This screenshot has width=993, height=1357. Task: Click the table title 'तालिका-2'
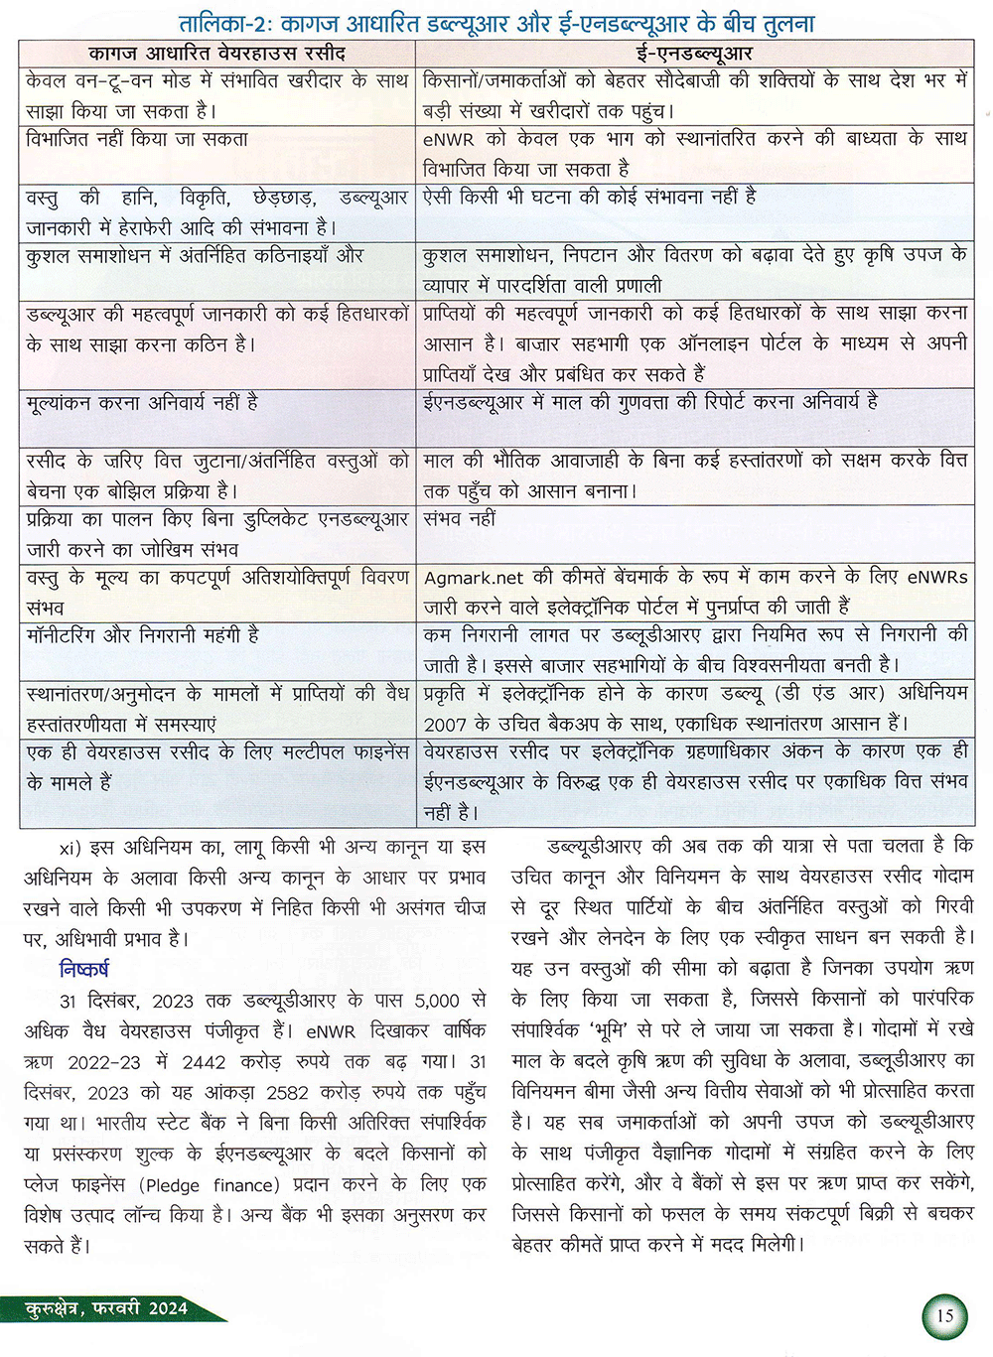[x=230, y=22]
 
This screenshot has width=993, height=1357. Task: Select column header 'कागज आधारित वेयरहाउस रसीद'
[x=216, y=54]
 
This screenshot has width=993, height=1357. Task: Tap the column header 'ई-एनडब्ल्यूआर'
[x=694, y=54]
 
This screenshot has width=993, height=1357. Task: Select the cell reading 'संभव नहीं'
[x=459, y=518]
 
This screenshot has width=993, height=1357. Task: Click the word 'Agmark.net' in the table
[x=474, y=578]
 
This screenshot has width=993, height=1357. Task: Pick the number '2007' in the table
[x=445, y=724]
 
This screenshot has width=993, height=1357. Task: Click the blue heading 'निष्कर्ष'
[x=84, y=970]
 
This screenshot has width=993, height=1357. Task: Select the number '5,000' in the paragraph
[x=437, y=1001]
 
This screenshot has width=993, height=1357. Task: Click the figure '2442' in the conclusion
[x=204, y=1062]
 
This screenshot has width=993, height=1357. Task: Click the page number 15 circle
[x=943, y=1316]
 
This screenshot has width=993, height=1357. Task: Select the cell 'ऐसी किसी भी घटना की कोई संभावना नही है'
[x=590, y=198]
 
